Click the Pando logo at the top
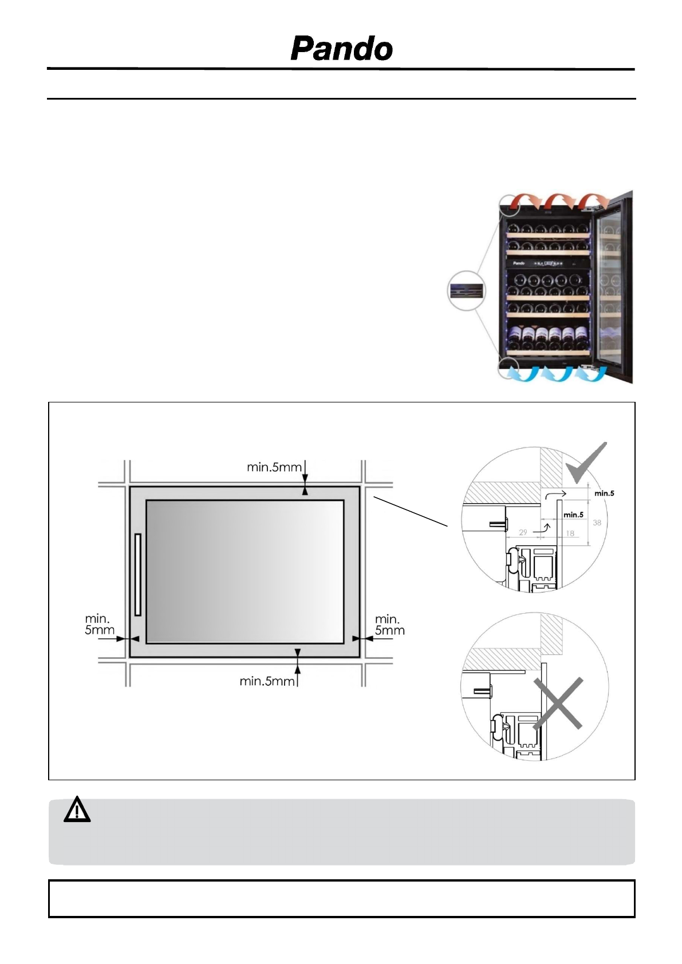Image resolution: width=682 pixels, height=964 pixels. pyautogui.click(x=342, y=49)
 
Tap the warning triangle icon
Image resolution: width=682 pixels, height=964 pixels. pyautogui.click(x=77, y=811)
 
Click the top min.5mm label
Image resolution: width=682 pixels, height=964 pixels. pyautogui.click(x=274, y=467)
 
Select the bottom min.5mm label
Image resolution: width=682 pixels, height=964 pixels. pyautogui.click(x=266, y=681)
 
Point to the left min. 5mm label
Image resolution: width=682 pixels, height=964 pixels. pyautogui.click(x=99, y=625)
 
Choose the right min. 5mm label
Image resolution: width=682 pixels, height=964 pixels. pyautogui.click(x=389, y=625)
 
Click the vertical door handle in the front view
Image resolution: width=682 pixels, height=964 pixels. pyautogui.click(x=137, y=575)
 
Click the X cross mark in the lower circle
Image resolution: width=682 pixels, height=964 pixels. pyautogui.click(x=558, y=704)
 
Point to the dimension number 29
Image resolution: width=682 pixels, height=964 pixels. pyautogui.click(x=523, y=532)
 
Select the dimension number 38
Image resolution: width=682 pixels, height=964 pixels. pyautogui.click(x=597, y=523)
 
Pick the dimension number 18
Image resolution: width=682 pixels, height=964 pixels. pyautogui.click(x=570, y=534)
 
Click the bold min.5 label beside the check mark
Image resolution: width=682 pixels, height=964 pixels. pyautogui.click(x=604, y=493)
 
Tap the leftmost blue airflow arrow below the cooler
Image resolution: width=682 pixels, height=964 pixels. pyautogui.click(x=522, y=374)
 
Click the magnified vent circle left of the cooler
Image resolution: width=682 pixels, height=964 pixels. pyautogui.click(x=466, y=291)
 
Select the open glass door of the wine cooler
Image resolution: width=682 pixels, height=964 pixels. pyautogui.click(x=613, y=286)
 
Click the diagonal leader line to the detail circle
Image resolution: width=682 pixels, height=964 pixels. pyautogui.click(x=410, y=511)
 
